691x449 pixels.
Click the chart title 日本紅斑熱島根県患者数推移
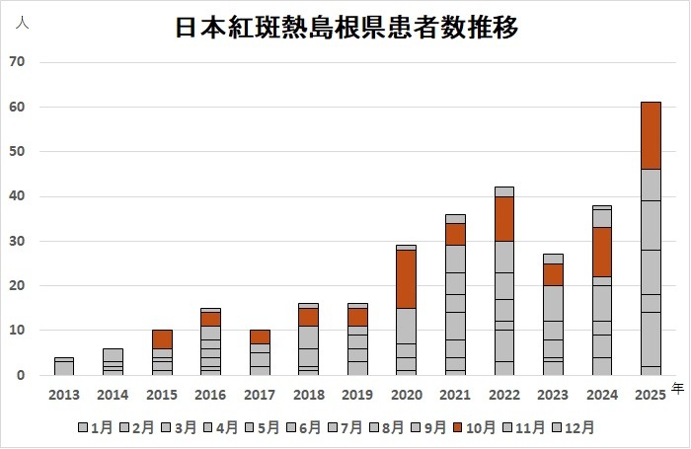tap(346, 27)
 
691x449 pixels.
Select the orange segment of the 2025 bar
tap(651, 135)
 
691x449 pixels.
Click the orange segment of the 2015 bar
tap(162, 338)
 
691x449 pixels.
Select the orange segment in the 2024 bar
tap(602, 252)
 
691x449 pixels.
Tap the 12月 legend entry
tap(576, 427)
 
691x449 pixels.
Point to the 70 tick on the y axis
tap(17, 62)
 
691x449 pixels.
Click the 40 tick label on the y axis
tap(17, 196)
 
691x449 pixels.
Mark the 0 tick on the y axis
tap(21, 375)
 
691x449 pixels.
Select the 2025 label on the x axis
tap(652, 395)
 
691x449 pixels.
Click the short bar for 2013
tap(62, 366)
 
